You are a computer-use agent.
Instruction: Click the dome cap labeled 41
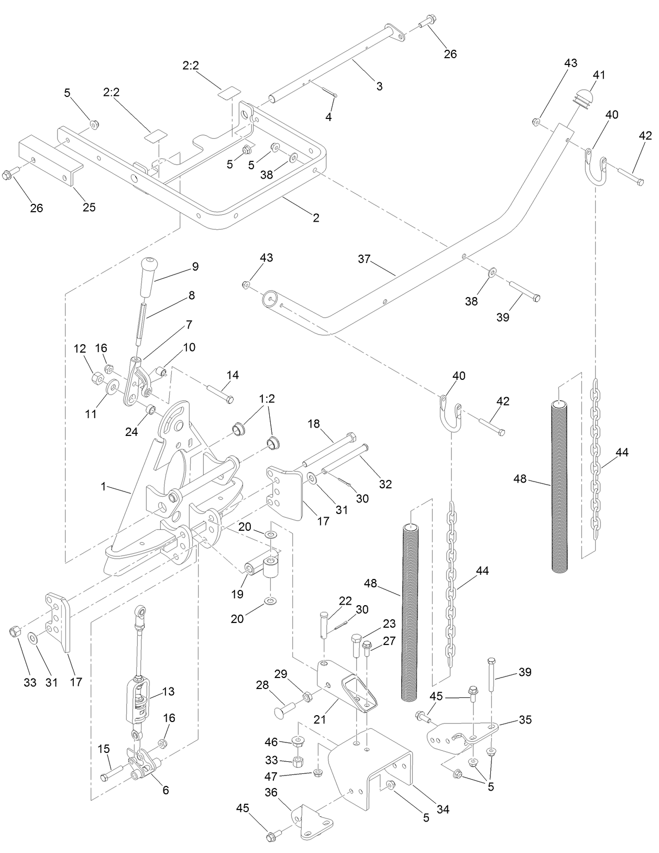(580, 97)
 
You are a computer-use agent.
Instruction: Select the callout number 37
(365, 259)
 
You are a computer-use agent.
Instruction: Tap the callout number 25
(89, 207)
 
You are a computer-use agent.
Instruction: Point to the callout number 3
(379, 86)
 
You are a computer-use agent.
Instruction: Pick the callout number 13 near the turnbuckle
(169, 692)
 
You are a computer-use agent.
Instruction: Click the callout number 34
(443, 810)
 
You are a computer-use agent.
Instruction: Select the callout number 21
(320, 719)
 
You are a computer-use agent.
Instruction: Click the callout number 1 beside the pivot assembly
(104, 487)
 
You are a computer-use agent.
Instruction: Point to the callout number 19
(237, 594)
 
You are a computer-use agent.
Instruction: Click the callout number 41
(598, 74)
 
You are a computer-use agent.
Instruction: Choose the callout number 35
(525, 720)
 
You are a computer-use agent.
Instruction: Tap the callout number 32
(385, 485)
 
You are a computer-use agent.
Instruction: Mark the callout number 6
(166, 790)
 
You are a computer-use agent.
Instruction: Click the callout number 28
(262, 685)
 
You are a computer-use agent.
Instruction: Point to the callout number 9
(195, 266)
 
